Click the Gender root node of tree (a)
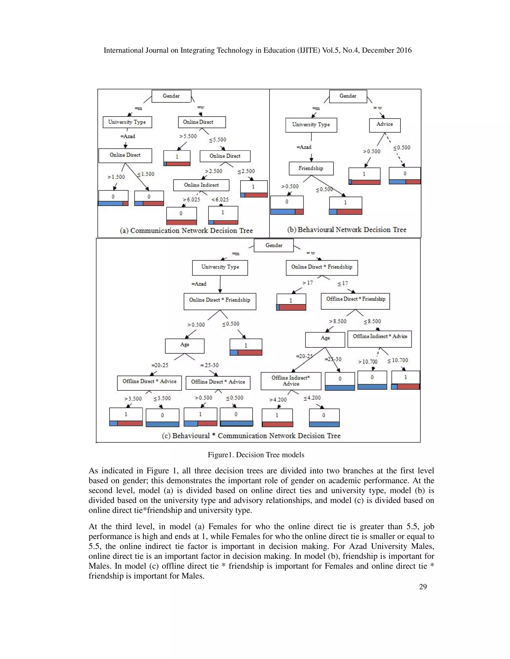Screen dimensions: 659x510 click(171, 96)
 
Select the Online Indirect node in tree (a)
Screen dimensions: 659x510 click(201, 185)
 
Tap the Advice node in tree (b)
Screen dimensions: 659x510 click(384, 124)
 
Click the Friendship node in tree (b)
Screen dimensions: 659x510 click(311, 168)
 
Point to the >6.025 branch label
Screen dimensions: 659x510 click(191, 199)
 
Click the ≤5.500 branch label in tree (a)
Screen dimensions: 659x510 click(218, 140)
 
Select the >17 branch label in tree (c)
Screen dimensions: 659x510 click(308, 283)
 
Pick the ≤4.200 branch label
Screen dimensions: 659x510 click(312, 398)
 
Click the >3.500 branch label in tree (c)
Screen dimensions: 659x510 click(133, 399)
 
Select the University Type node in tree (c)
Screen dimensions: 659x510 click(220, 267)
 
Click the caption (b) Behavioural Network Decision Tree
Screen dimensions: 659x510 click(347, 230)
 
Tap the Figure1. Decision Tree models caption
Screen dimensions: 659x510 click(256, 455)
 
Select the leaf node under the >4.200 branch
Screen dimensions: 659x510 click(277, 418)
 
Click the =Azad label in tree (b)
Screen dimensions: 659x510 click(304, 147)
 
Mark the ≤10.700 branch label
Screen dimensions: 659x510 click(398, 360)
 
